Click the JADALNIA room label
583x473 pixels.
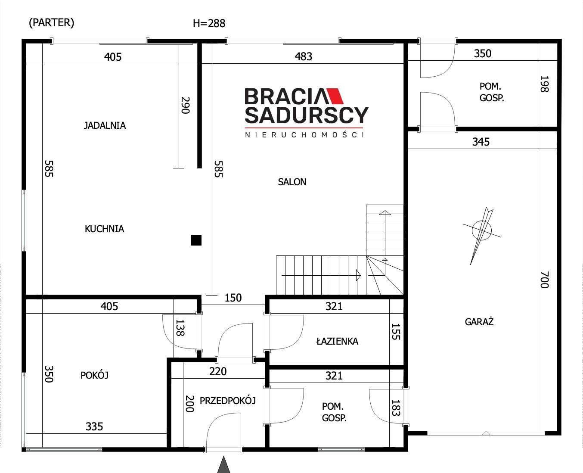tap(105, 125)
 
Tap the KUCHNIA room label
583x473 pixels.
tap(104, 229)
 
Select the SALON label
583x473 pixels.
tap(292, 182)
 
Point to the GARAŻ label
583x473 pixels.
tap(479, 321)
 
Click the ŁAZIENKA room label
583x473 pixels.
tap(337, 341)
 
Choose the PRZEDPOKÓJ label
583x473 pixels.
tap(227, 401)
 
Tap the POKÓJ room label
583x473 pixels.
tap(94, 375)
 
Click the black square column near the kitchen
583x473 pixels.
tap(196, 240)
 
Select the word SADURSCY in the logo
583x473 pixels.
tap(306, 115)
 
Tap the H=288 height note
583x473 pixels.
tap(209, 24)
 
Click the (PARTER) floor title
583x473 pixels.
tap(52, 23)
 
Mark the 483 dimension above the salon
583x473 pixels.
tap(303, 57)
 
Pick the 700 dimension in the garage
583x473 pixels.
tap(544, 280)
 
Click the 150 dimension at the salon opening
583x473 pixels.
tap(233, 298)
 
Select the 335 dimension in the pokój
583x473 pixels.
tap(94, 426)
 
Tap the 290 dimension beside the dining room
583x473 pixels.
tap(185, 105)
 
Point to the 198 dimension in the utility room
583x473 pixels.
tap(544, 84)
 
